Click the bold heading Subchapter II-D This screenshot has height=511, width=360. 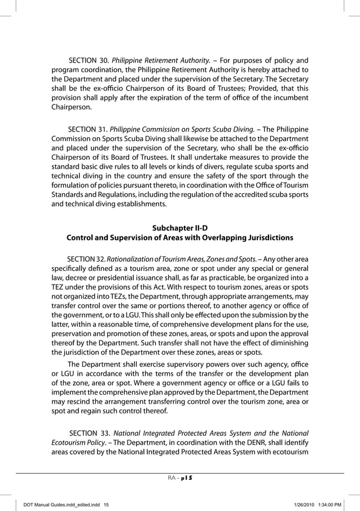click(x=180, y=228)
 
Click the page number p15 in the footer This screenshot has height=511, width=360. click(x=186, y=478)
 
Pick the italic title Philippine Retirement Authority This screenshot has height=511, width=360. click(x=161, y=60)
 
